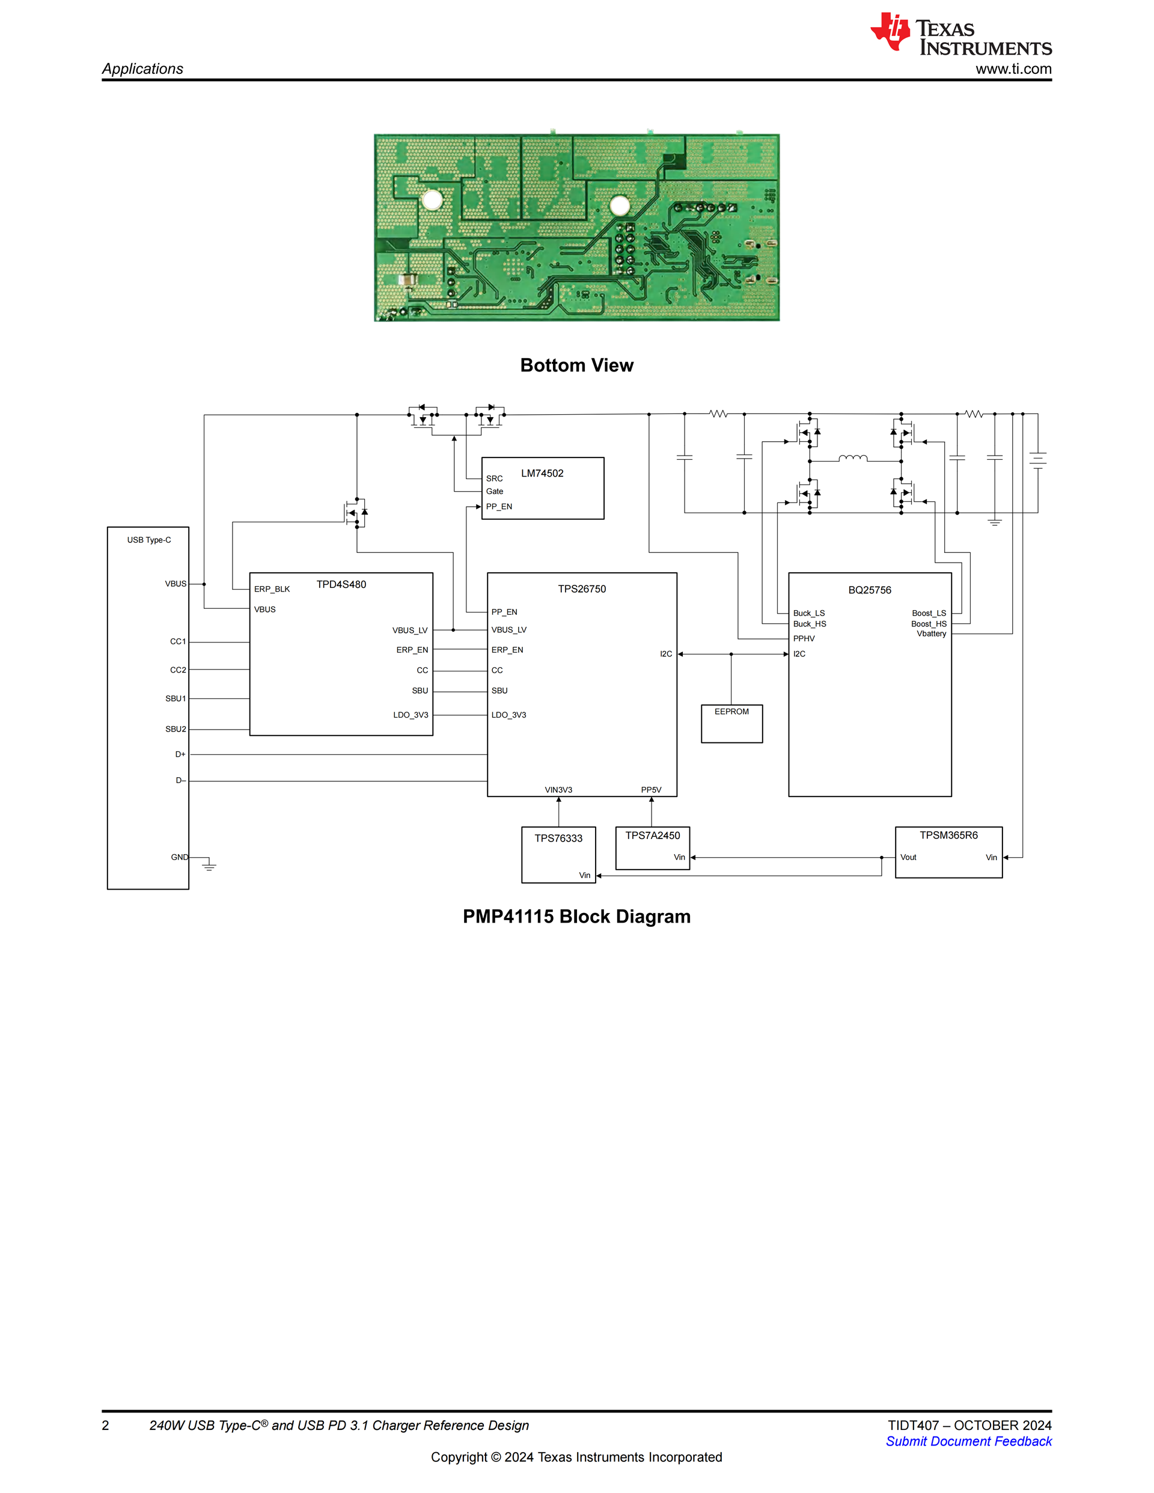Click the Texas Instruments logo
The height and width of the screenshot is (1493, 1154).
point(960,34)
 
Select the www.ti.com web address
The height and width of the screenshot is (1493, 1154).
point(1013,69)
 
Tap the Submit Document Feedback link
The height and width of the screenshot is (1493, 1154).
point(968,1441)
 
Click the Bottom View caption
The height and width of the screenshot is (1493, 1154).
point(576,365)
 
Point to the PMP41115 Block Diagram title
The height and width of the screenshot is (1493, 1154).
point(576,916)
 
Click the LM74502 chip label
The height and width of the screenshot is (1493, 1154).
point(542,473)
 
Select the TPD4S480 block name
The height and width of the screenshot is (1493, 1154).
point(341,584)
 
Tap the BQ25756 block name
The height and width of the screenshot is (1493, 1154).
point(870,590)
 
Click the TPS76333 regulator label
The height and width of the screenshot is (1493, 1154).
point(558,838)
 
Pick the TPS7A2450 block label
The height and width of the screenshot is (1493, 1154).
point(652,835)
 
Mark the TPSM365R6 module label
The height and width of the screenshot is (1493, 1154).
point(948,835)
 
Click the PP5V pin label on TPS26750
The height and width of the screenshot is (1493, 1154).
point(651,790)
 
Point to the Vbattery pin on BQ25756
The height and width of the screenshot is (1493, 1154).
point(931,634)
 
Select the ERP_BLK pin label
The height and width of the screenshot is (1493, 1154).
point(272,589)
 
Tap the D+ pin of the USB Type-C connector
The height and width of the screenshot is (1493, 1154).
point(180,754)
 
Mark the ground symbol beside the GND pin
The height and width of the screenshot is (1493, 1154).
point(209,866)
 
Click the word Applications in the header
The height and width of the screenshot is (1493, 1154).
point(142,69)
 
